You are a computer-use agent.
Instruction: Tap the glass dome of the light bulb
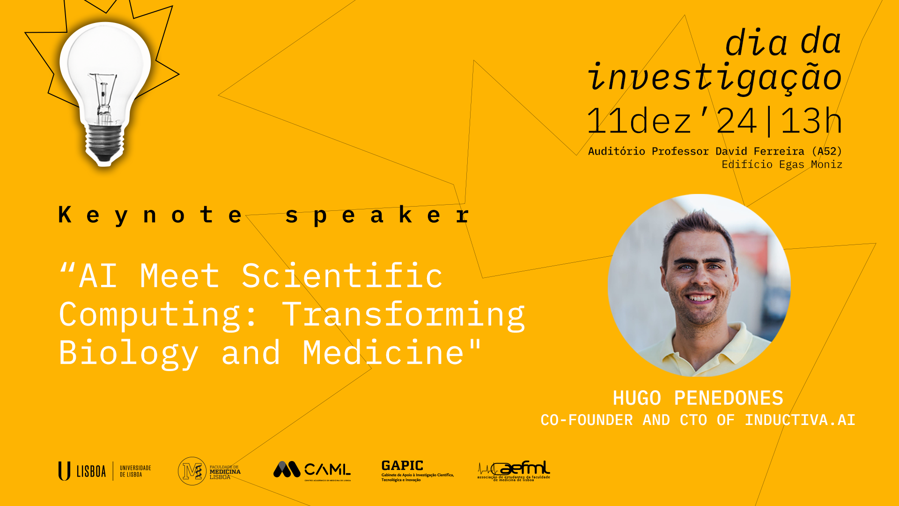point(105,61)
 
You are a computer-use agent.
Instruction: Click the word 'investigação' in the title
point(715,78)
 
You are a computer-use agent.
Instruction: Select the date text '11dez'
point(639,121)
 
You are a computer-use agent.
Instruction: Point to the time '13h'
point(811,121)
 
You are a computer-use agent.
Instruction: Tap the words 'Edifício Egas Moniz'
point(781,164)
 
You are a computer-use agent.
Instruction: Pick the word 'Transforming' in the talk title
point(403,314)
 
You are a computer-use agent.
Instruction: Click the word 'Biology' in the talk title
point(129,353)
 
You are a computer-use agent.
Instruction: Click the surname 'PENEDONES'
point(728,398)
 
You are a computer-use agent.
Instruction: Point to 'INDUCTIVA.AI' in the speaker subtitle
point(800,420)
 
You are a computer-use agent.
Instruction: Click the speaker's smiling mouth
point(700,298)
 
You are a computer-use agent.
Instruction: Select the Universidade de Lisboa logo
point(104,471)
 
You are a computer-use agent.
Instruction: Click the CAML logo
point(312,470)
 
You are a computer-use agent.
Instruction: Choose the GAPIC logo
point(417,470)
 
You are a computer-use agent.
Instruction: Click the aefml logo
point(514,470)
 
